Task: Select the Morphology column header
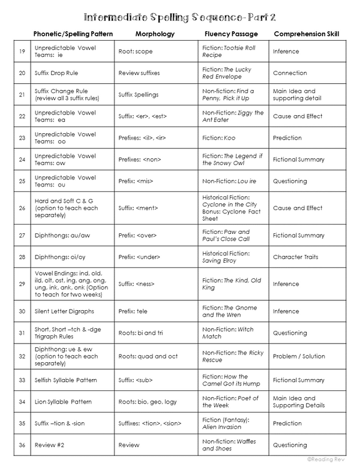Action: [x=154, y=34]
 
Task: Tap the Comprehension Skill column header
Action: [x=306, y=34]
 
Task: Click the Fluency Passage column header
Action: [x=229, y=34]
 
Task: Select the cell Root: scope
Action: [x=136, y=51]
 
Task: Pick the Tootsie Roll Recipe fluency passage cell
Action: [x=229, y=51]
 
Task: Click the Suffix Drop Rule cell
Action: [x=57, y=73]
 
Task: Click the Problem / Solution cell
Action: [x=299, y=356]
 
